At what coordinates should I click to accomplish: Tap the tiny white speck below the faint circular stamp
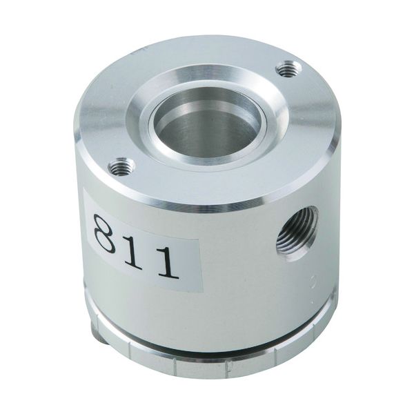pyautogui.click(x=313, y=300)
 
